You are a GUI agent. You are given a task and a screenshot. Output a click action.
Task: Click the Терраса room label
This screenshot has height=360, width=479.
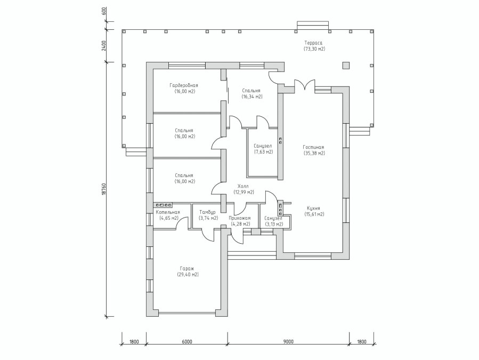[313, 43]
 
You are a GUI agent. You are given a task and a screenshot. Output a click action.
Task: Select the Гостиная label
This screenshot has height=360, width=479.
[314, 147]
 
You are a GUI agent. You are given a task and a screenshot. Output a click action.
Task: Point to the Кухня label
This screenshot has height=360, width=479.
[314, 209]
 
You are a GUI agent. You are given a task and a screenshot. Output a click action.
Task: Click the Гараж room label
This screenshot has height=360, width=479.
[188, 269]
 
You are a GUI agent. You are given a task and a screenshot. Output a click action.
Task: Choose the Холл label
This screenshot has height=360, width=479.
[243, 186]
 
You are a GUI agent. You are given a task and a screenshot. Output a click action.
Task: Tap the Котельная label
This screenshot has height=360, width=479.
[168, 212]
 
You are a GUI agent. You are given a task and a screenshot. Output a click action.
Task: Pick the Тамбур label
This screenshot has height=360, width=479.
[207, 212]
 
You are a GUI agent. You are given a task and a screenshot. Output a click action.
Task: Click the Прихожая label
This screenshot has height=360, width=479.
[240, 218]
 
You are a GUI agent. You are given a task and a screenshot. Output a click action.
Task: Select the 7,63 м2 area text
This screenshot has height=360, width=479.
[263, 151]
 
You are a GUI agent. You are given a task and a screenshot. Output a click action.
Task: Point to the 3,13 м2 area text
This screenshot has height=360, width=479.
[274, 224]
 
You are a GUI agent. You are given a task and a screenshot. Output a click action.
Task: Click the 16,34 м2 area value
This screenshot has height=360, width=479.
[252, 97]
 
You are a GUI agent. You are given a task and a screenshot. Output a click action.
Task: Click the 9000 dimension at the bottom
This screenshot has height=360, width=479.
[288, 342]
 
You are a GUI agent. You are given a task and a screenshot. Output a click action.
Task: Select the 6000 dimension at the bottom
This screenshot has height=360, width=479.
[186, 342]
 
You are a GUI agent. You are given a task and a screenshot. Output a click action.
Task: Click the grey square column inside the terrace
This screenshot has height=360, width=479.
[346, 66]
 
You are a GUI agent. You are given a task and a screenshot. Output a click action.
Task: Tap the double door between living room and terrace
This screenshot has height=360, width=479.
[305, 85]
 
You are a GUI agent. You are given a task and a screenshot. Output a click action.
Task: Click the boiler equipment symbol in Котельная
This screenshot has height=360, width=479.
[164, 205]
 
